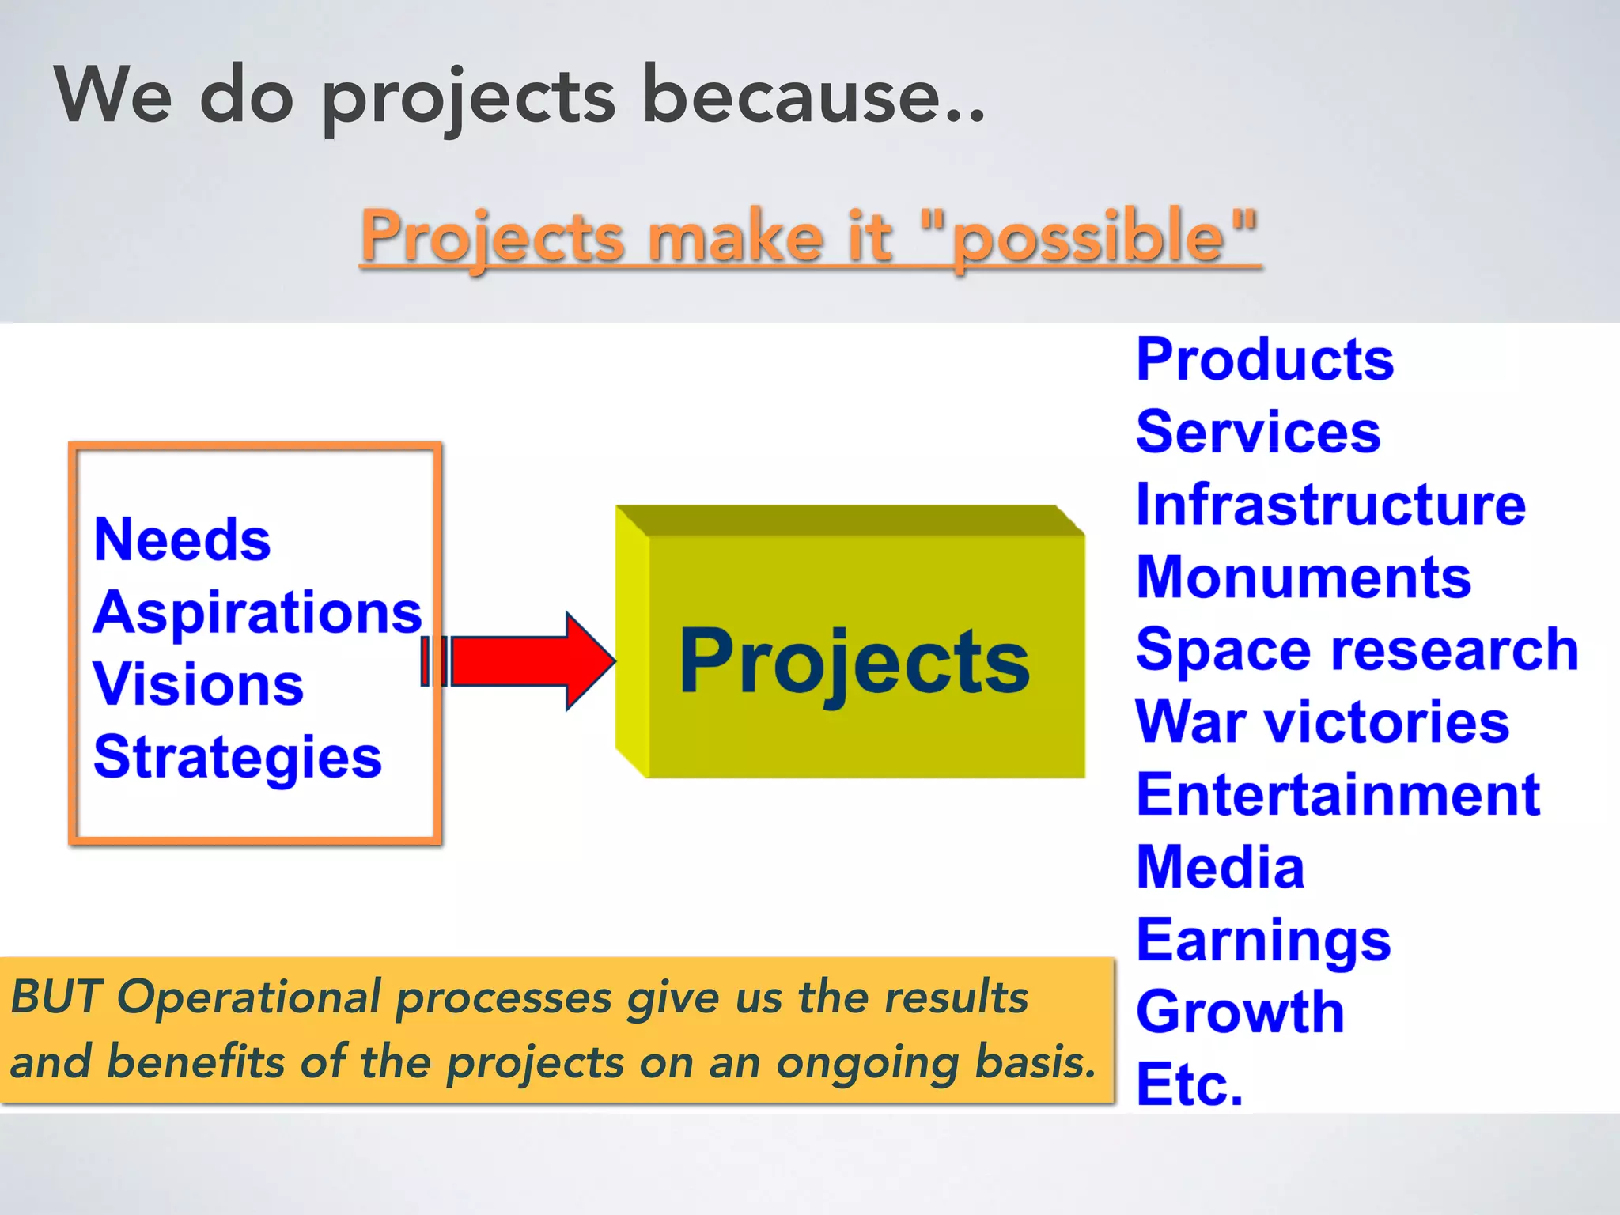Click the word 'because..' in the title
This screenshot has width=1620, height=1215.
click(813, 97)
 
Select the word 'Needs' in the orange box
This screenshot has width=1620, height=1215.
click(182, 540)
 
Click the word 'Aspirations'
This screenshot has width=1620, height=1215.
click(258, 613)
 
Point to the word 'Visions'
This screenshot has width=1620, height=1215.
click(199, 684)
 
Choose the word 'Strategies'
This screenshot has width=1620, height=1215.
click(237, 757)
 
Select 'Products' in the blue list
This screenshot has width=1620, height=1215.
click(1264, 360)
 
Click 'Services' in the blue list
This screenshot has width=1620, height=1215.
click(1258, 433)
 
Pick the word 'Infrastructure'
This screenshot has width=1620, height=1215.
click(1330, 505)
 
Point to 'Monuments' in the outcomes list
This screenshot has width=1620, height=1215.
click(1303, 577)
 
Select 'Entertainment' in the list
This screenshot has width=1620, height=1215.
click(1338, 795)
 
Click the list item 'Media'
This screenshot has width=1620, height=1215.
click(1220, 868)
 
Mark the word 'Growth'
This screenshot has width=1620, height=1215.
click(1240, 1012)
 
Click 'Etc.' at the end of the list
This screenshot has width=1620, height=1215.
click(1189, 1084)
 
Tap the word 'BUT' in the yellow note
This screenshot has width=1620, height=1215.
click(55, 997)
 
